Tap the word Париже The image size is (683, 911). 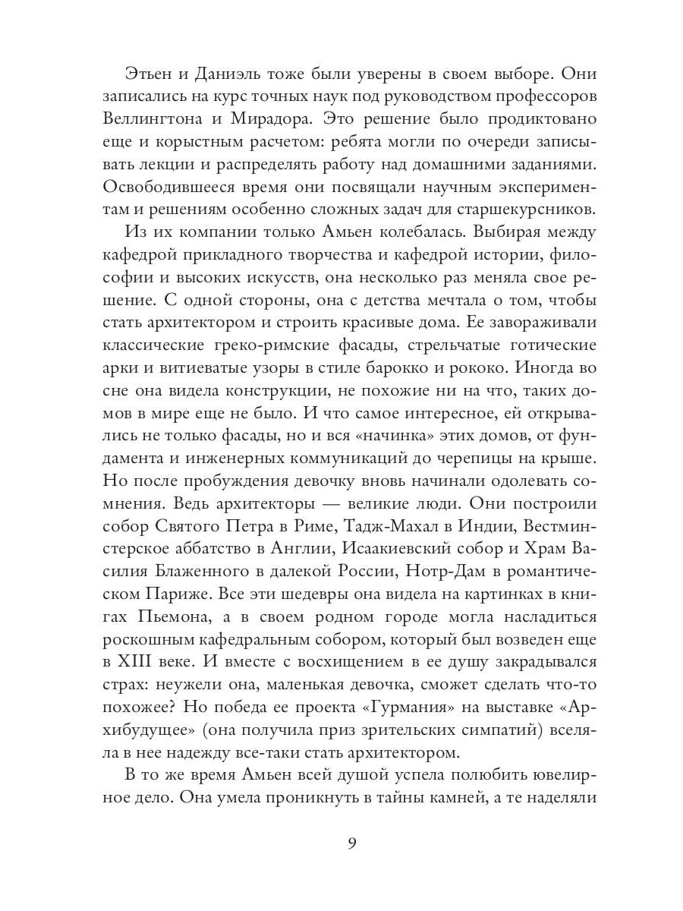click(x=162, y=588)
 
